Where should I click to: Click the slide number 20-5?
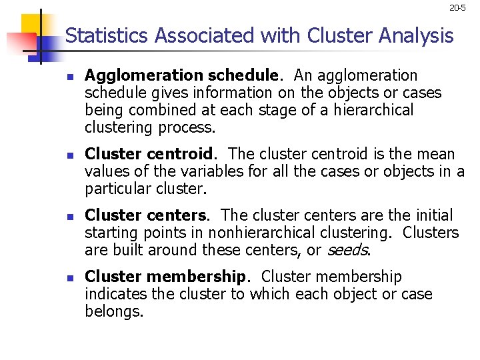coord(457,8)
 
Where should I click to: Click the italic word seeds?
coord(346,250)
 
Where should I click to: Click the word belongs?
coord(114,311)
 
